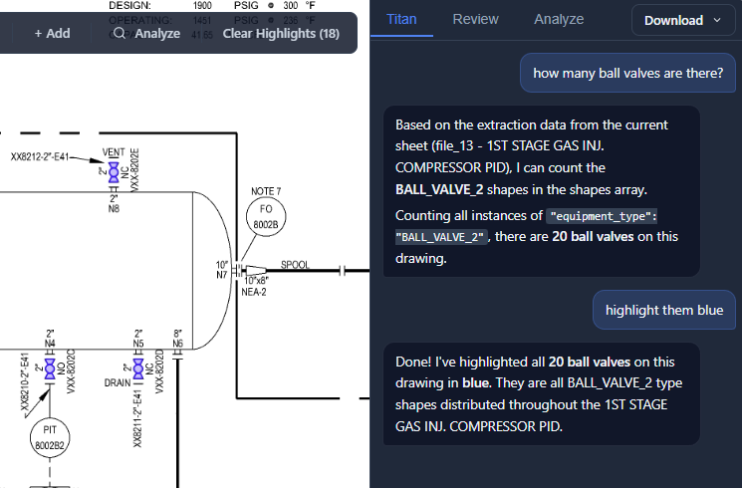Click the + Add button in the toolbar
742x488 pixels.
tap(52, 33)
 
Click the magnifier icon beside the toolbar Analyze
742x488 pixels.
tap(120, 33)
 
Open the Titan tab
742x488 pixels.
tap(401, 19)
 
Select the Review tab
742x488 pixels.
tap(475, 19)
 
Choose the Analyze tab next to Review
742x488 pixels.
tap(559, 19)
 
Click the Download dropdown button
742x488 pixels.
tap(682, 20)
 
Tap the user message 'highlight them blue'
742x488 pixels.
tap(664, 310)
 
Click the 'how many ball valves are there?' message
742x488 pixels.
tap(628, 73)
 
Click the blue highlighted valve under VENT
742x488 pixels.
tap(114, 173)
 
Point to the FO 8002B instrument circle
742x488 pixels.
tap(265, 217)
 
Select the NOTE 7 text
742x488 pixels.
tap(265, 190)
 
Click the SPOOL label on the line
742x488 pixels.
tap(295, 265)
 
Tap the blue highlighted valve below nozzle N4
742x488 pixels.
tap(50, 368)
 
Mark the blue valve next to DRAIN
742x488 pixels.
tap(137, 368)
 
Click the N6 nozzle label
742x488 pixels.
tap(177, 344)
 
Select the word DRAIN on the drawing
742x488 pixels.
tap(118, 382)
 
